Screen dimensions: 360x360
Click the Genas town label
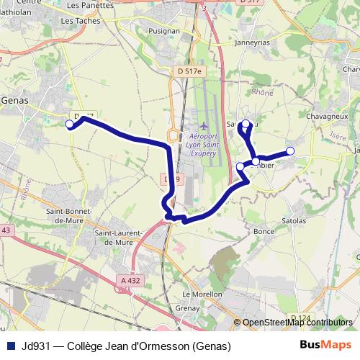point(15,101)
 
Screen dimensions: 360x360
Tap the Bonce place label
point(265,231)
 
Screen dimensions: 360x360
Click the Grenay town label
point(187,309)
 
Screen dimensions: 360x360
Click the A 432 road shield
point(130,280)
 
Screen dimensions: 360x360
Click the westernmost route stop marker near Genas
point(70,125)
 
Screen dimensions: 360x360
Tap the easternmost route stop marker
point(290,150)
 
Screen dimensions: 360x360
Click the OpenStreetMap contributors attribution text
point(297,323)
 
